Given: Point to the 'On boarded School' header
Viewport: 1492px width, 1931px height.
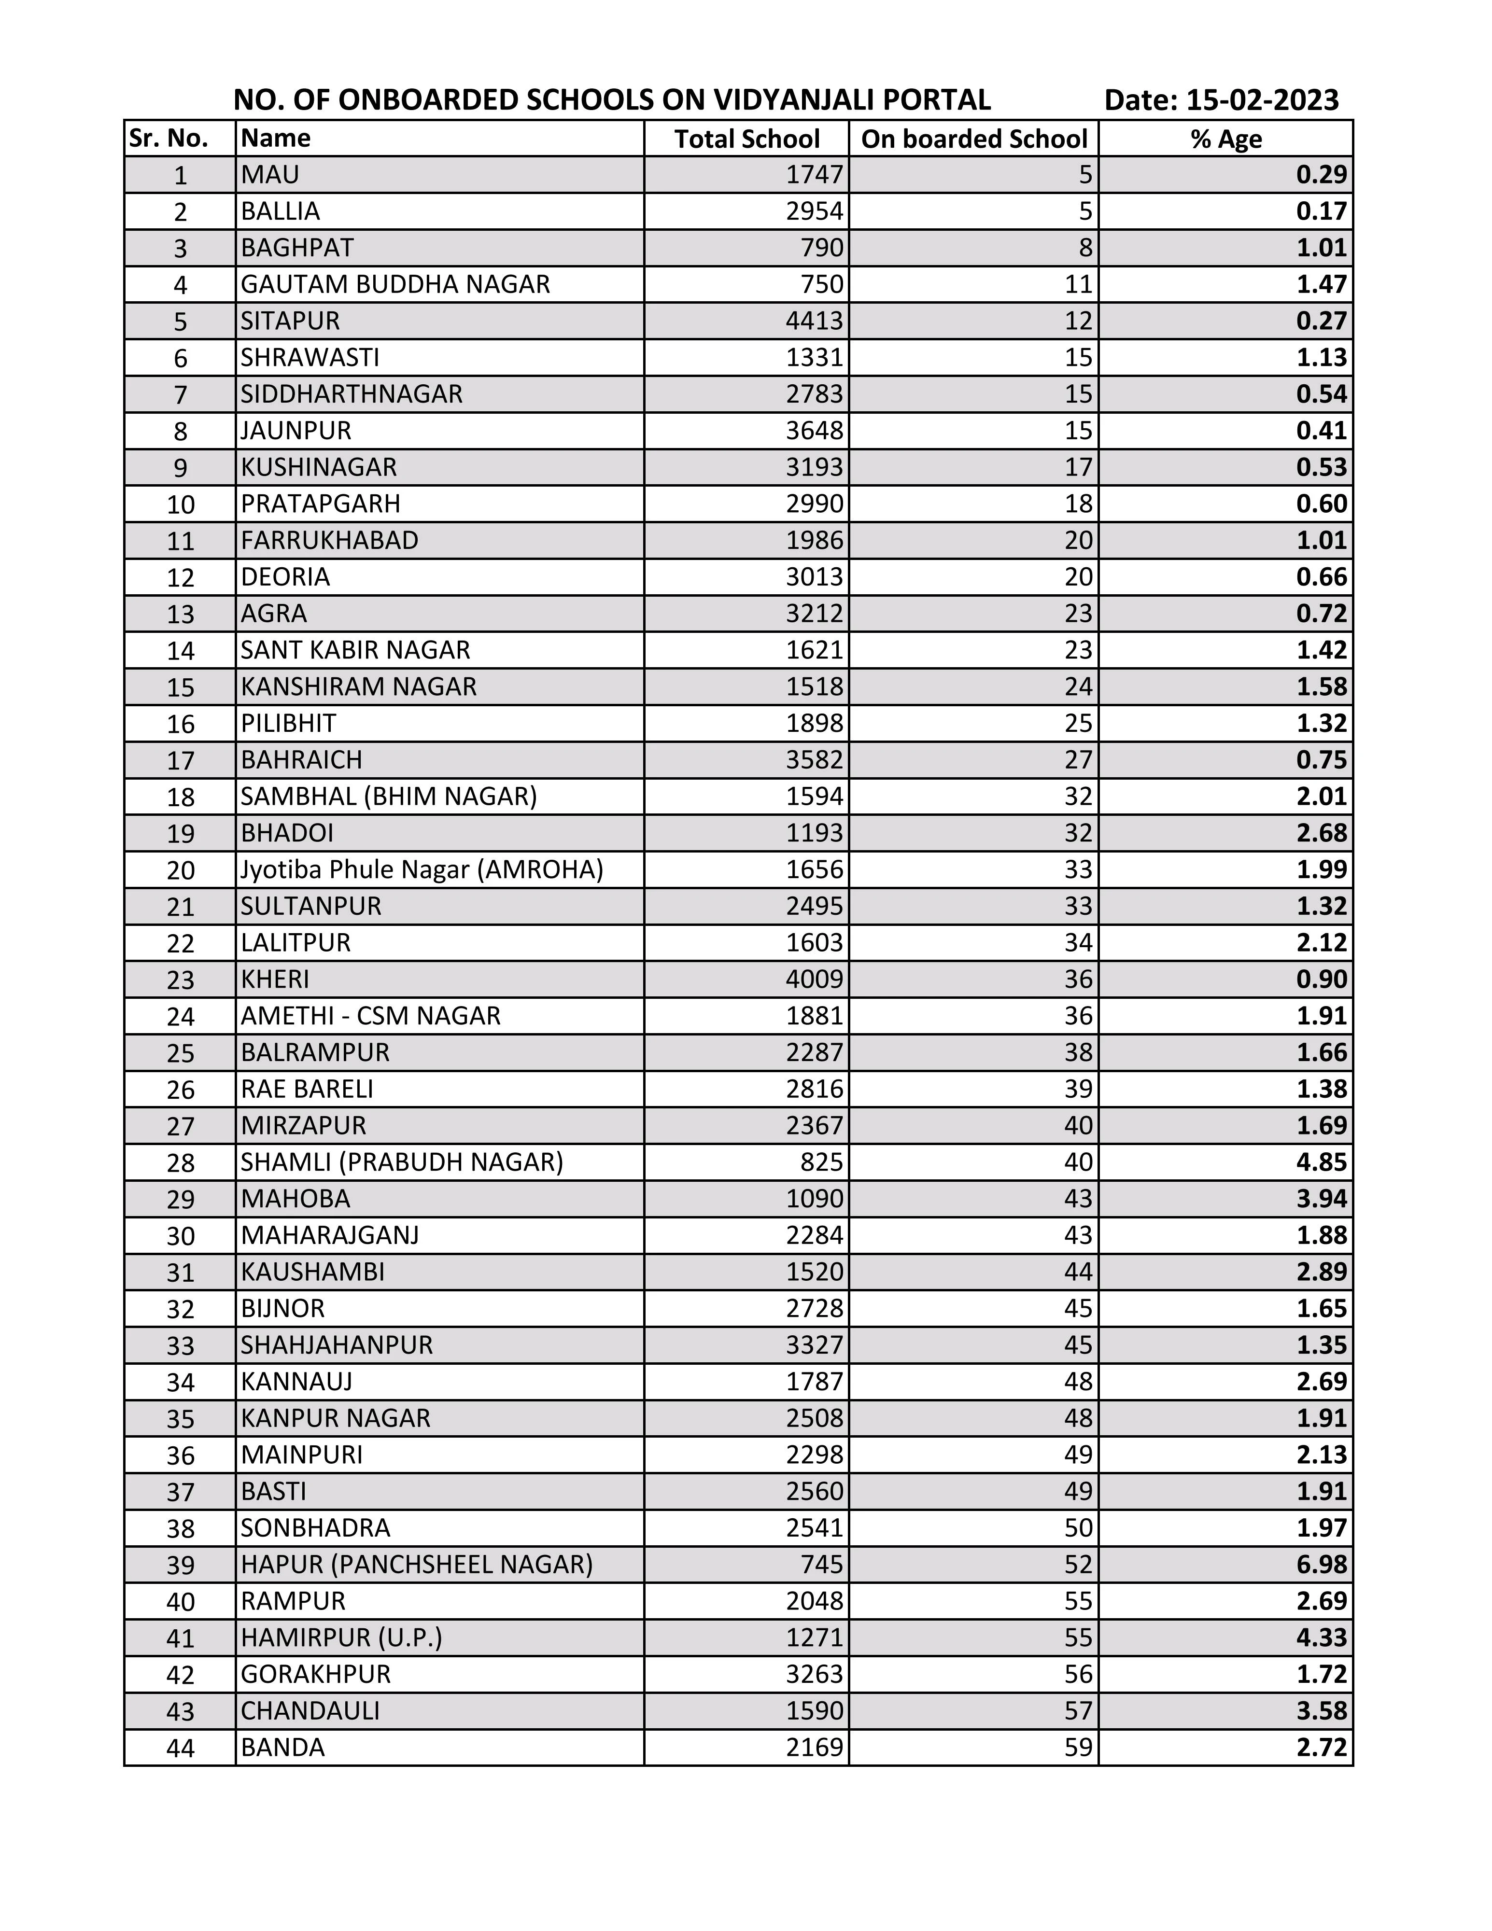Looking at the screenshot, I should pos(974,139).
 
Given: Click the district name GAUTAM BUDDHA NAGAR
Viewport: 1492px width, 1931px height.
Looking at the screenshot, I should pos(395,284).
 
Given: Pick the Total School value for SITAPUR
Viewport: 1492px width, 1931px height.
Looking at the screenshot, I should pos(815,320).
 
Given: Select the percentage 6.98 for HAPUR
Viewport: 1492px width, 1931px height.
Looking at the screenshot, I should pos(1321,1564).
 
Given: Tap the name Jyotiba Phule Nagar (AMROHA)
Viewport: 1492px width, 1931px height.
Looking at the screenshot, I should pos(422,869).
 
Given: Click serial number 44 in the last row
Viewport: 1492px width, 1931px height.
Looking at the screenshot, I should pos(181,1748).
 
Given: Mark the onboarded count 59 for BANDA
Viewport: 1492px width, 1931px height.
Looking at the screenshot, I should pos(1078,1747).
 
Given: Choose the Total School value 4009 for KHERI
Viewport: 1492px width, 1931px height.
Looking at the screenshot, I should pos(815,979).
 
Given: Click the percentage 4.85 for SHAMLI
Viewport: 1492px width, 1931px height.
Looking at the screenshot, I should pos(1321,1162).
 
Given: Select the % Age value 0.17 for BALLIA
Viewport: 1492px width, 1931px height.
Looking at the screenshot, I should pos(1321,211).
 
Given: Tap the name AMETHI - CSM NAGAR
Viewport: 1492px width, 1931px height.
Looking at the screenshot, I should pos(370,1016).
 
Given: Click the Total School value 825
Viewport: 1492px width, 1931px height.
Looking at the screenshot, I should pos(822,1162).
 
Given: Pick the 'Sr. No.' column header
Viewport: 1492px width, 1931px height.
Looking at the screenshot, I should pos(169,139).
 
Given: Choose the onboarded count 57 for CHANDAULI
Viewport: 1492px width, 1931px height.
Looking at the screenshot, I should pos(1078,1711).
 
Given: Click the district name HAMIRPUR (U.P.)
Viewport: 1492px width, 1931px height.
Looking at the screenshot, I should pos(341,1637).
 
